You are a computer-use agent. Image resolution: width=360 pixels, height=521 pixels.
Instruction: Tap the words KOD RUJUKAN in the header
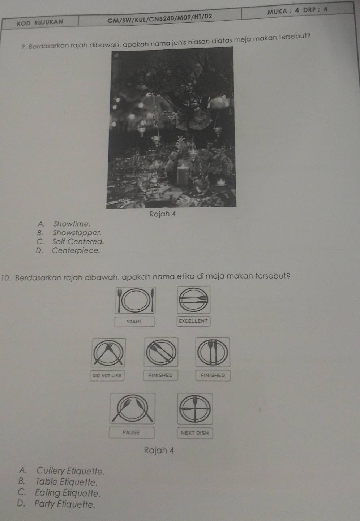click(x=40, y=22)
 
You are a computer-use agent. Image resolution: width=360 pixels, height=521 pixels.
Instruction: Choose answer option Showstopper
click(x=77, y=233)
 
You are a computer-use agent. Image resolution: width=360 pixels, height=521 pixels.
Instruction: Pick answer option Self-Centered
click(x=78, y=241)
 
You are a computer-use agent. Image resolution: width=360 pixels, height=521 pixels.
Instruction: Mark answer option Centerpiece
click(x=76, y=250)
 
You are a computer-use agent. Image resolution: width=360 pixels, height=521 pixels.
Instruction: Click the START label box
click(x=134, y=322)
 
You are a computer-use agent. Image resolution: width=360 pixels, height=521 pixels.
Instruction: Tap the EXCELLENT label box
click(x=193, y=321)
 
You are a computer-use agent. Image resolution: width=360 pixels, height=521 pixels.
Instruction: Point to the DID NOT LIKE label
click(x=107, y=375)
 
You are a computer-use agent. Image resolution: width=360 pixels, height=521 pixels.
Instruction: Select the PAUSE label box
click(x=132, y=432)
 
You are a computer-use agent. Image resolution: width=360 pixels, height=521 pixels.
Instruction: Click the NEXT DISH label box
click(x=195, y=433)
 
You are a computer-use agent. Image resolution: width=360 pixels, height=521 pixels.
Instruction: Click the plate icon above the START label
click(x=135, y=300)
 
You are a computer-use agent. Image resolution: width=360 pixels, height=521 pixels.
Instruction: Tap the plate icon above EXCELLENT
click(x=194, y=300)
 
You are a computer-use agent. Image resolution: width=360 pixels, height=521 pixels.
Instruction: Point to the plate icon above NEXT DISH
click(x=195, y=409)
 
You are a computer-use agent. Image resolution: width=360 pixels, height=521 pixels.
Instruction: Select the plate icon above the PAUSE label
click(x=132, y=408)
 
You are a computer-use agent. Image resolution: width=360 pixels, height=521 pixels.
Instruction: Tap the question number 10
click(x=5, y=277)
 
